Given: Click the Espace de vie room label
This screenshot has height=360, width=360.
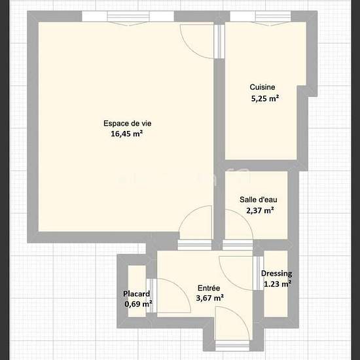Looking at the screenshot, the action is click(128, 124).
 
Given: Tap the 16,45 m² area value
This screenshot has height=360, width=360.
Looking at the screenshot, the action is click(127, 134).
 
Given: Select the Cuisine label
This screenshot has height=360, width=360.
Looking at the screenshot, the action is click(262, 87).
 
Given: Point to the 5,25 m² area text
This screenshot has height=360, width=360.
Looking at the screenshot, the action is click(265, 98).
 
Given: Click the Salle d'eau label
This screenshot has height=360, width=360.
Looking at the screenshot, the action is click(259, 200).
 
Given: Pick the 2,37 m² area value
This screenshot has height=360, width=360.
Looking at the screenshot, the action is click(260, 210).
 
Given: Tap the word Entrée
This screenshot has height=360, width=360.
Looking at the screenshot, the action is click(209, 288).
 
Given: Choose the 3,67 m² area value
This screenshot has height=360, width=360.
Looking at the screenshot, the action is click(210, 298).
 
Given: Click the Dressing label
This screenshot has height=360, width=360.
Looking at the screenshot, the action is click(277, 274).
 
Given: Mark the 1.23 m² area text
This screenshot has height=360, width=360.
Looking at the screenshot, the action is click(278, 284).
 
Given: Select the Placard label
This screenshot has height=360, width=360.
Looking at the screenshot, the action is click(136, 294).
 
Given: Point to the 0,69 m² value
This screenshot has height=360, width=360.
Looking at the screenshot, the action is click(138, 304).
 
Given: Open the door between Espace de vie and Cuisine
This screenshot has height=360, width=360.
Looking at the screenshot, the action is click(198, 41).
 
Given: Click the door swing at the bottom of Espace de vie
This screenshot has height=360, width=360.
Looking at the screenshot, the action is click(195, 223).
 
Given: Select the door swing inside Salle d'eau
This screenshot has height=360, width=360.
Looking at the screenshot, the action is click(239, 225).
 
